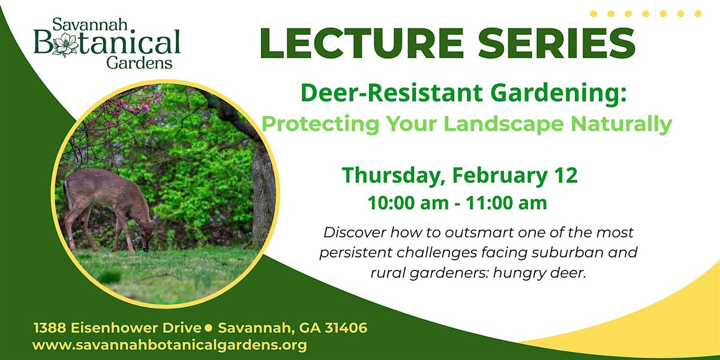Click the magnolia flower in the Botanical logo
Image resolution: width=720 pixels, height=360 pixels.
65,44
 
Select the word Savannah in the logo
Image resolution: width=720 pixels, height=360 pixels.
90,25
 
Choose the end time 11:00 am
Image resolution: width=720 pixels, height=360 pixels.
506,203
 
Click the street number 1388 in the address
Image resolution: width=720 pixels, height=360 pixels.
50,328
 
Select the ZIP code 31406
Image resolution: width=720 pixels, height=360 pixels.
346,328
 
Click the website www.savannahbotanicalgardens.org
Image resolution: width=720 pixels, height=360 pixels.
169,345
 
